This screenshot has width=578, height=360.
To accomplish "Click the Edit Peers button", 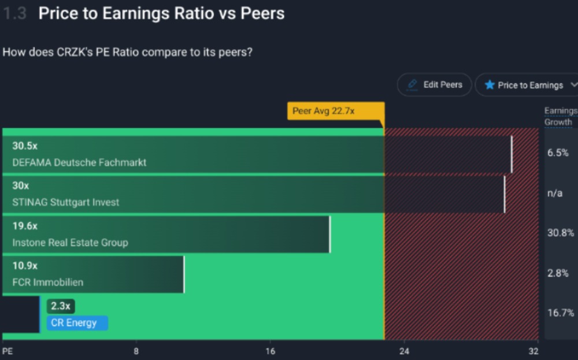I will pyautogui.click(x=435, y=85).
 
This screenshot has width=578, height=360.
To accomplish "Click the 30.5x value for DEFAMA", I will pyautogui.click(x=25, y=146).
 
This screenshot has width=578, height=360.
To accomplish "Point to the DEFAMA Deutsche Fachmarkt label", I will pyautogui.click(x=79, y=162).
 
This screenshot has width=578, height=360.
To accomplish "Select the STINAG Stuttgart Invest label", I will pyautogui.click(x=66, y=202).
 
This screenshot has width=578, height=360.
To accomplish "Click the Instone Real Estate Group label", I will pyautogui.click(x=70, y=242).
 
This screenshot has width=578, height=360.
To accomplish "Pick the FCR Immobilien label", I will pyautogui.click(x=48, y=283).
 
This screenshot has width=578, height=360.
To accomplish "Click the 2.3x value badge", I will pyautogui.click(x=61, y=306).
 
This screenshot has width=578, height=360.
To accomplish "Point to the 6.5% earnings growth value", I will pyautogui.click(x=558, y=153).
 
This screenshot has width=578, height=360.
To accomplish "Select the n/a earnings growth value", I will pyautogui.click(x=554, y=193).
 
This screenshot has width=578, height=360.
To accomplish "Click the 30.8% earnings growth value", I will pyautogui.click(x=560, y=233).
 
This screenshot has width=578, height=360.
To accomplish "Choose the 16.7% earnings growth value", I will pyautogui.click(x=560, y=313).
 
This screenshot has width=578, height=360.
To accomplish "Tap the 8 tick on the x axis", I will pyautogui.click(x=136, y=351).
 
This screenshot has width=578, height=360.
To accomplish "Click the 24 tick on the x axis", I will pyautogui.click(x=403, y=351).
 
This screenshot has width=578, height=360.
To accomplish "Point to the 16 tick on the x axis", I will pyautogui.click(x=270, y=351).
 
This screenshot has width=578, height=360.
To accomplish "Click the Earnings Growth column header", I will pyautogui.click(x=560, y=116).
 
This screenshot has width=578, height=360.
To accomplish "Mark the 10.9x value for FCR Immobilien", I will pyautogui.click(x=25, y=266).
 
